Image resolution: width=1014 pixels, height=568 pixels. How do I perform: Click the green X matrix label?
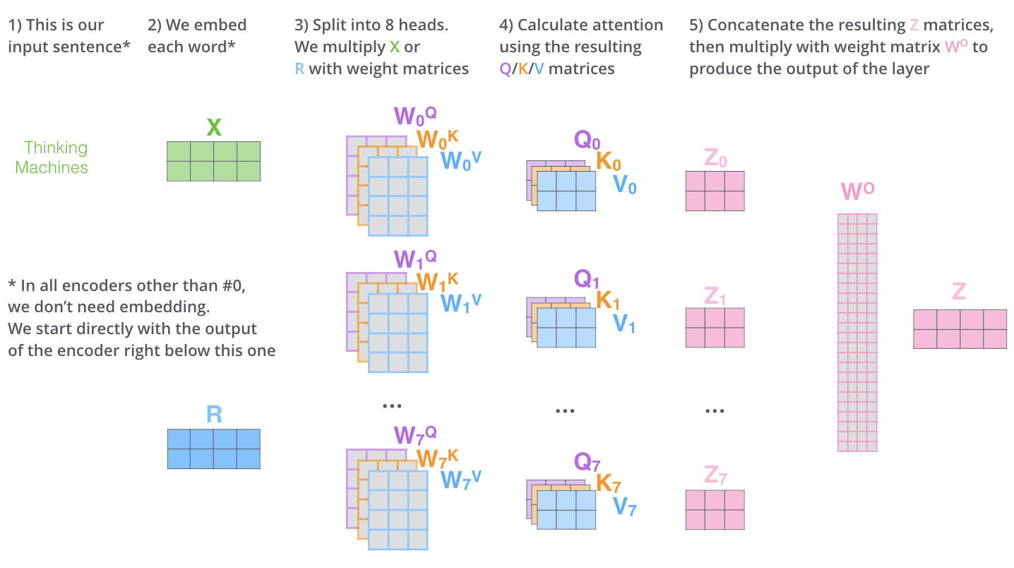click(x=214, y=128)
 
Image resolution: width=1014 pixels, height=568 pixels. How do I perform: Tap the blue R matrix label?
click(x=214, y=414)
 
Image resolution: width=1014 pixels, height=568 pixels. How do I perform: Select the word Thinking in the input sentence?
click(x=56, y=148)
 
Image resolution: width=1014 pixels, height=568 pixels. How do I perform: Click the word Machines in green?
click(x=52, y=167)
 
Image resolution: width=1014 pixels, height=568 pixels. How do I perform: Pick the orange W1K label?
click(x=437, y=282)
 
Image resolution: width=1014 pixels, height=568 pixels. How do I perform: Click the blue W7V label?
click(x=460, y=479)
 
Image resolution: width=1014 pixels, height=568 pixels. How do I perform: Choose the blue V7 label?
click(x=624, y=507)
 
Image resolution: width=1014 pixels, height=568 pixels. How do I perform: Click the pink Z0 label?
click(x=715, y=159)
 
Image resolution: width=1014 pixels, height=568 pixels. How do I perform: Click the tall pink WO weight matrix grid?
click(x=857, y=332)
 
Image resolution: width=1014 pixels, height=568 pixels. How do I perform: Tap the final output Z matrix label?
click(x=958, y=292)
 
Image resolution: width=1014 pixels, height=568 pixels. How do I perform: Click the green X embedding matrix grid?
click(x=213, y=161)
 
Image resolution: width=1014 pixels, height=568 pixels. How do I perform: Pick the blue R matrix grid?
click(x=213, y=449)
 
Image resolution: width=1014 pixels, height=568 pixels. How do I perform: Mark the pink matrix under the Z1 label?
click(x=715, y=327)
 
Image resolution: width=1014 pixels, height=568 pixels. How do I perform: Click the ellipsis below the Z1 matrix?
click(x=715, y=410)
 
